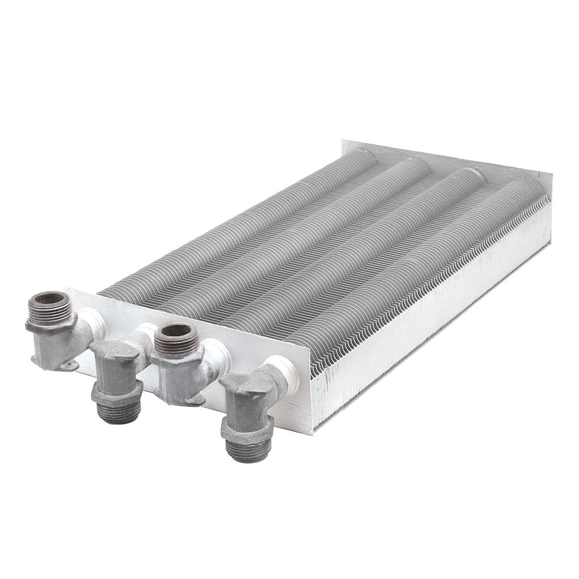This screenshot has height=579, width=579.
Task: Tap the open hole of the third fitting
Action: (176, 332)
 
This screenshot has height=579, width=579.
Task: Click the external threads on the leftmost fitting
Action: (51, 313)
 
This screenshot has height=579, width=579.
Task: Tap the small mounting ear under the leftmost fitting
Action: (69, 366)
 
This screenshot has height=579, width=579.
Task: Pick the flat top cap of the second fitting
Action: (116, 350)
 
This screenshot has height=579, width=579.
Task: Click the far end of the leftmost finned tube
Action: (362, 154)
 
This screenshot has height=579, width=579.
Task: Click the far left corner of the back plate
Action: (343, 141)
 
